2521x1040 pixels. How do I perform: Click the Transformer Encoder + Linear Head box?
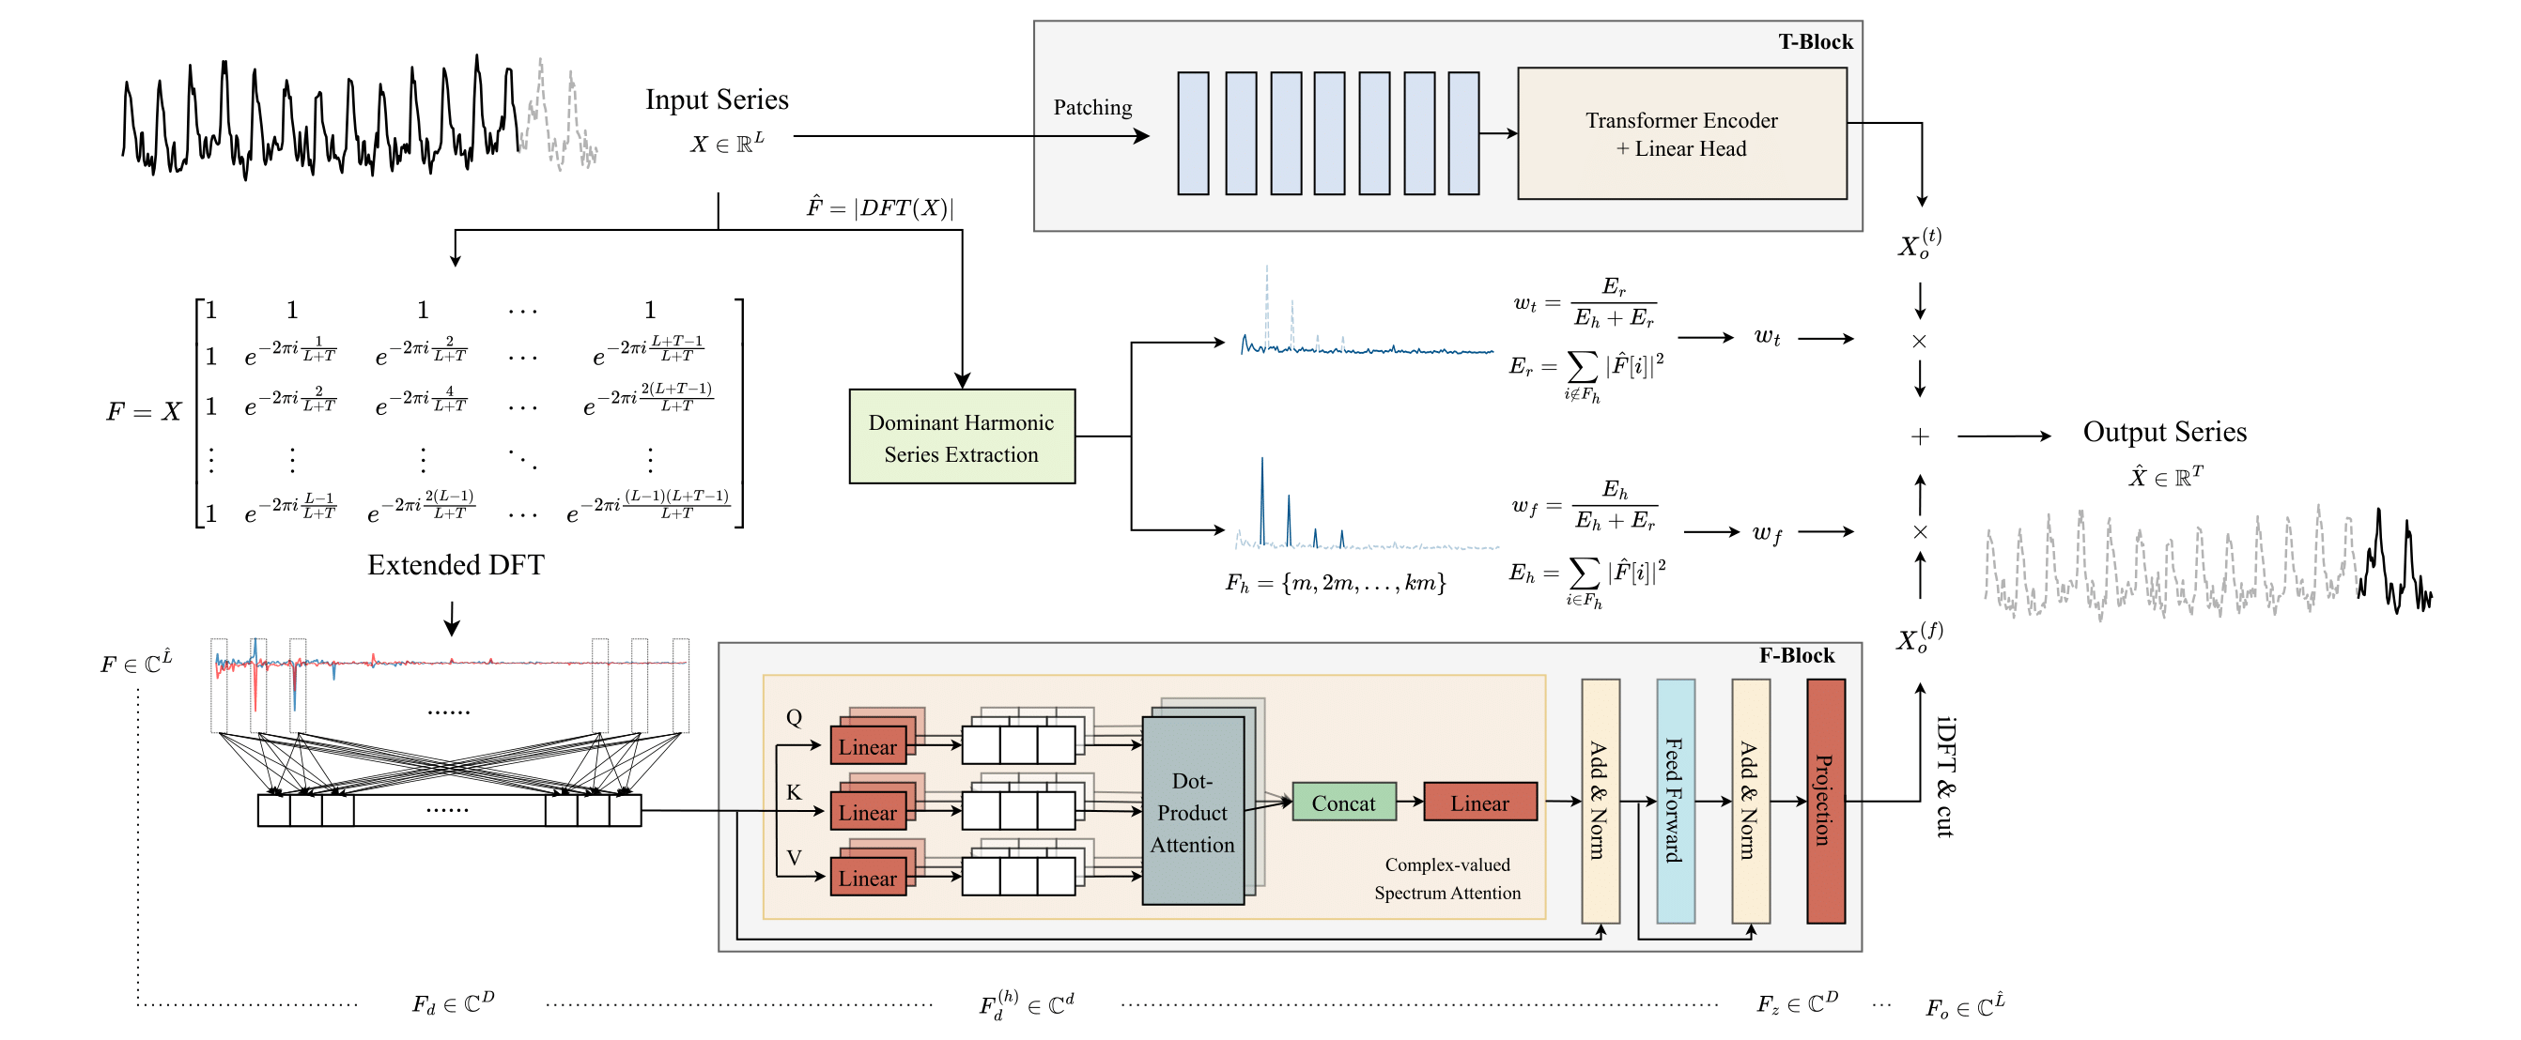[1681, 133]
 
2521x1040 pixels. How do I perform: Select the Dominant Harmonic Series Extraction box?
[961, 436]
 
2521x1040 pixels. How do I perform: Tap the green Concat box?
[1343, 802]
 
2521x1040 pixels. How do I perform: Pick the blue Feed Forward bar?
[1675, 801]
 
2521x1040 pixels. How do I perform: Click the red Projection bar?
[1824, 801]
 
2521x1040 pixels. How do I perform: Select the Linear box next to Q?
[867, 745]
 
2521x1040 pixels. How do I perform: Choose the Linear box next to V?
[867, 877]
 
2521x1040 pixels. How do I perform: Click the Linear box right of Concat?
[1478, 802]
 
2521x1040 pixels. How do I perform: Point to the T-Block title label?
[1816, 41]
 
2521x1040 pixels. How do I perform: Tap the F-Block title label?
[1797, 654]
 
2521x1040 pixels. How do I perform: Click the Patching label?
[1092, 107]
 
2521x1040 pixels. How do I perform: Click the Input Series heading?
[717, 99]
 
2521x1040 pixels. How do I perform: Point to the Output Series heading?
[2164, 432]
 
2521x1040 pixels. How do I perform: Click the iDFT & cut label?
[1945, 777]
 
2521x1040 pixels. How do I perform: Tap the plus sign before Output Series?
[1919, 436]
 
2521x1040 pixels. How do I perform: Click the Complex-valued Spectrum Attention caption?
[1446, 878]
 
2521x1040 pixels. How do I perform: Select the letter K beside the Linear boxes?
[794, 791]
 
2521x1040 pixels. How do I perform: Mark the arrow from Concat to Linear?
[1409, 802]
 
